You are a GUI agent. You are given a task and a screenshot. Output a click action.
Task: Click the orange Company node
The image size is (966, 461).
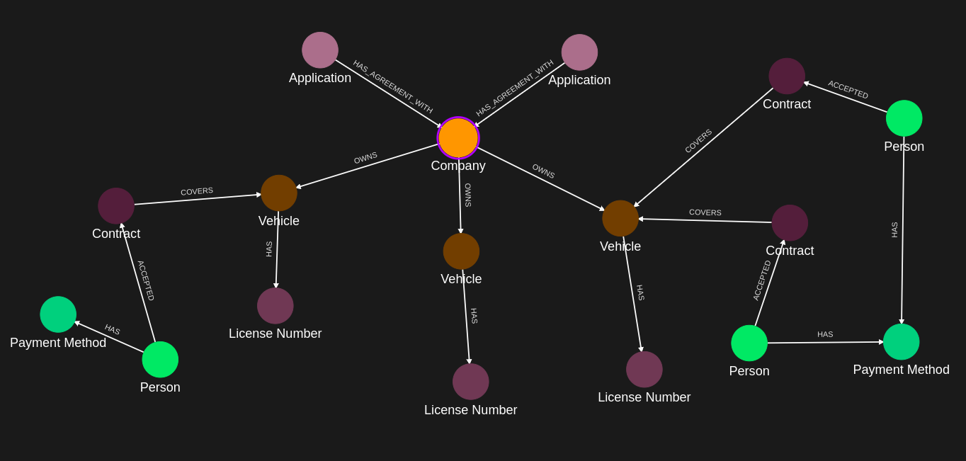[x=458, y=138]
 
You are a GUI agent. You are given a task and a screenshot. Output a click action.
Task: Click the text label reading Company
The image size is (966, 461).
[x=458, y=166]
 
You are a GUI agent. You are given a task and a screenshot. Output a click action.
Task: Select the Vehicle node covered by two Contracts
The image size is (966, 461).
[x=620, y=218]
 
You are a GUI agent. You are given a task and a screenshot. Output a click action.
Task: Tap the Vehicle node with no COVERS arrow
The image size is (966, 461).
[x=461, y=251]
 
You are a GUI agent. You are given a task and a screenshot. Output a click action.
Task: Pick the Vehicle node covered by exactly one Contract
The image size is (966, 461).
[x=279, y=193]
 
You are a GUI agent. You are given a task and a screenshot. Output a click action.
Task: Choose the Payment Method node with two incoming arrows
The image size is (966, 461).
[x=901, y=342]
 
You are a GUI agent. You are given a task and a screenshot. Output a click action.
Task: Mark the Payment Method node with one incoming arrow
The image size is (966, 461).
[x=58, y=314]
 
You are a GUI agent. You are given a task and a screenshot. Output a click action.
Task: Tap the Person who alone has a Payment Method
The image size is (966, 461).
[x=160, y=360]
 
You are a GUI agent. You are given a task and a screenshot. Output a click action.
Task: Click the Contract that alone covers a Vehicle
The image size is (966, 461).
[x=116, y=206]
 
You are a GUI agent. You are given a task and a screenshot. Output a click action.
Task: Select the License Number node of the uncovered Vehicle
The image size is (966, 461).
[x=471, y=382]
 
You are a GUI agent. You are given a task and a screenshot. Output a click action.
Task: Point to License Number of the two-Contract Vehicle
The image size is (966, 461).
[x=644, y=370]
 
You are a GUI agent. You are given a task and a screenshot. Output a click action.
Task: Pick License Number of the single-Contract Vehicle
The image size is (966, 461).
[x=275, y=306]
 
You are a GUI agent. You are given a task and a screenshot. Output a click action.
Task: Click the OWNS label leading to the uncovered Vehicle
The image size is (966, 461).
[x=467, y=195]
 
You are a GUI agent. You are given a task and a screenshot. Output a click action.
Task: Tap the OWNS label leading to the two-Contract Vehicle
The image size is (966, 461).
[x=543, y=171]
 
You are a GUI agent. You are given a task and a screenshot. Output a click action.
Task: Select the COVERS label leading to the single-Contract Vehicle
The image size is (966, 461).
[x=197, y=191]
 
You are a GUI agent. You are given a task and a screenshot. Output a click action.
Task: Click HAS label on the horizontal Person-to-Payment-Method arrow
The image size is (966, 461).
[x=825, y=334]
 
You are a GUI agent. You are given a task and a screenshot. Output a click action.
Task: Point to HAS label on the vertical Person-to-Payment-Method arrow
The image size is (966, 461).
[x=894, y=229]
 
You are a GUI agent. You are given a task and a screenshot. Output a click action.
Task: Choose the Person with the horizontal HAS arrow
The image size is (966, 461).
[x=749, y=343]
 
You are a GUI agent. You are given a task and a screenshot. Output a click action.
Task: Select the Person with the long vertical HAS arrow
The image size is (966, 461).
[x=904, y=118]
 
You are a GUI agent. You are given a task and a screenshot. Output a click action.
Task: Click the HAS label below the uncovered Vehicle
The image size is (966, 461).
[x=474, y=316]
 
